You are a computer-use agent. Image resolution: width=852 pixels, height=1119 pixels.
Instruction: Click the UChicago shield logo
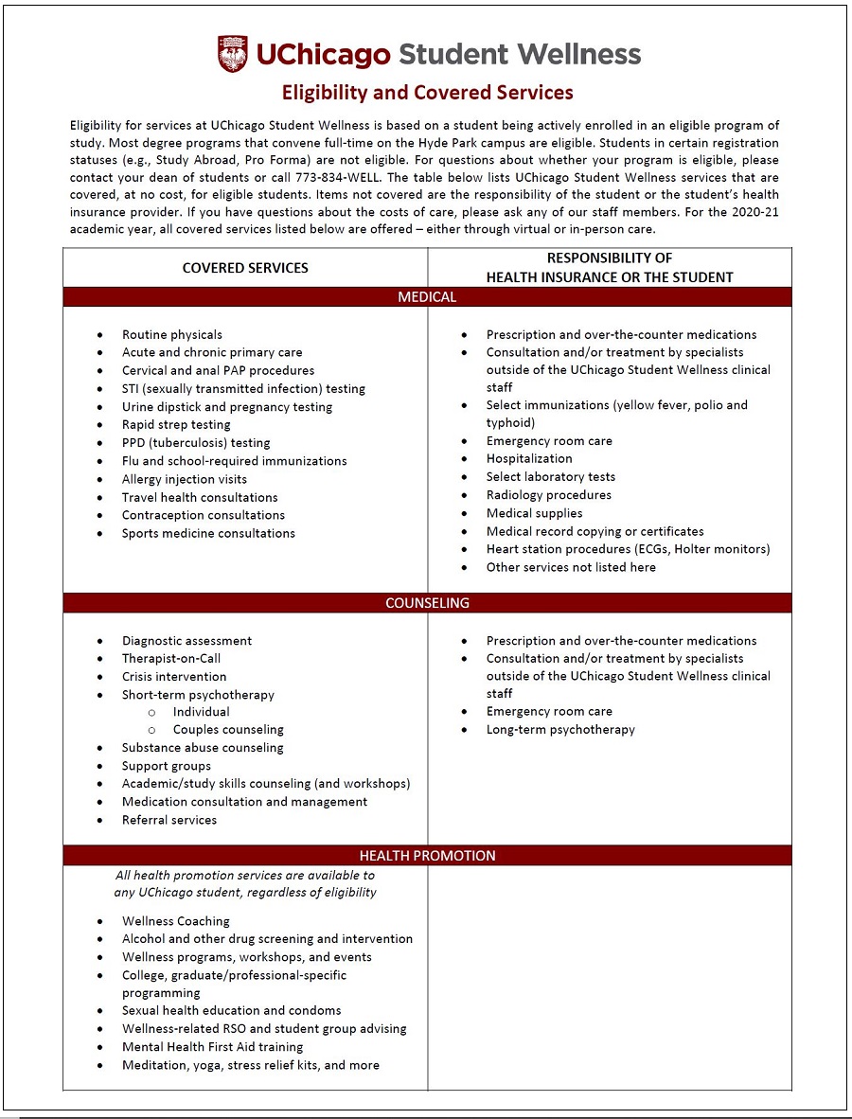pos(233,54)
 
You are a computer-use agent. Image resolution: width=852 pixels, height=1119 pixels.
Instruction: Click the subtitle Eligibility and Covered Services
pos(427,93)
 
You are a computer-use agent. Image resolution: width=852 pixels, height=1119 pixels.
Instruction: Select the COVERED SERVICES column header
pos(245,268)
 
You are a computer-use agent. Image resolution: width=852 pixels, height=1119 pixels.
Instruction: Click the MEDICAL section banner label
pos(427,297)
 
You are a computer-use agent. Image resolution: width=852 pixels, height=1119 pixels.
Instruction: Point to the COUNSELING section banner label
pos(427,603)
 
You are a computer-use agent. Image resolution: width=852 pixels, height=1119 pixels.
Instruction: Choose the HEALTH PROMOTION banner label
pos(427,856)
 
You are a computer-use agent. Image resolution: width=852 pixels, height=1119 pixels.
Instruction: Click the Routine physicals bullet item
pos(172,334)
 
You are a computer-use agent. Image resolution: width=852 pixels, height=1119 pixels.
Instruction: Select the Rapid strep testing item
pos(176,424)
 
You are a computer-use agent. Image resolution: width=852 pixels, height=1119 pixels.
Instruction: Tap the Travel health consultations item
pos(200,497)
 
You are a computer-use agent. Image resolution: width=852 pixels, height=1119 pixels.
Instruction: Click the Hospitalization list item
pos(529,458)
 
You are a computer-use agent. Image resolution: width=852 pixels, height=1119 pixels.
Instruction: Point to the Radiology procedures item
pos(549,494)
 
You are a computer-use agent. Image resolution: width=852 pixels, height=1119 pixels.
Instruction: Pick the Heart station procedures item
pos(628,549)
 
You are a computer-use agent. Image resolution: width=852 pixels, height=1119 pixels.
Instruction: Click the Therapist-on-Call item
pos(171,658)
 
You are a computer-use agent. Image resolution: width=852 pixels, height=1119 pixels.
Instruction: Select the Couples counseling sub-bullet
pos(228,730)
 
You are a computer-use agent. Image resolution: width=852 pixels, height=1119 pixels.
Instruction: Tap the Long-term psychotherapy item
pos(560,730)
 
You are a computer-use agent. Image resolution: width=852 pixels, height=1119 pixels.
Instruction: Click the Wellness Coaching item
pos(176,921)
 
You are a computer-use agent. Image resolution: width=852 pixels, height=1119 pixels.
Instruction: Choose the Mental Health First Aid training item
pos(212,1047)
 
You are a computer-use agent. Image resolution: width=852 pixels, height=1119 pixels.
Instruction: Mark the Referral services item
pos(169,820)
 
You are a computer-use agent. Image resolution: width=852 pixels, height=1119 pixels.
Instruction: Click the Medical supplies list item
pos(534,513)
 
